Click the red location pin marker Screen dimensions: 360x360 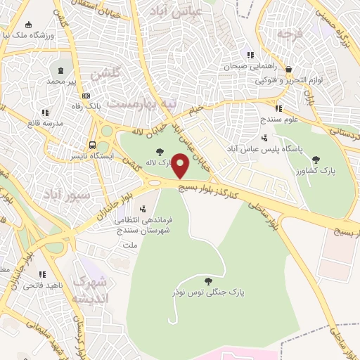pos(180,166)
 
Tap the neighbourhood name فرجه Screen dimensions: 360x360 pos(288,33)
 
